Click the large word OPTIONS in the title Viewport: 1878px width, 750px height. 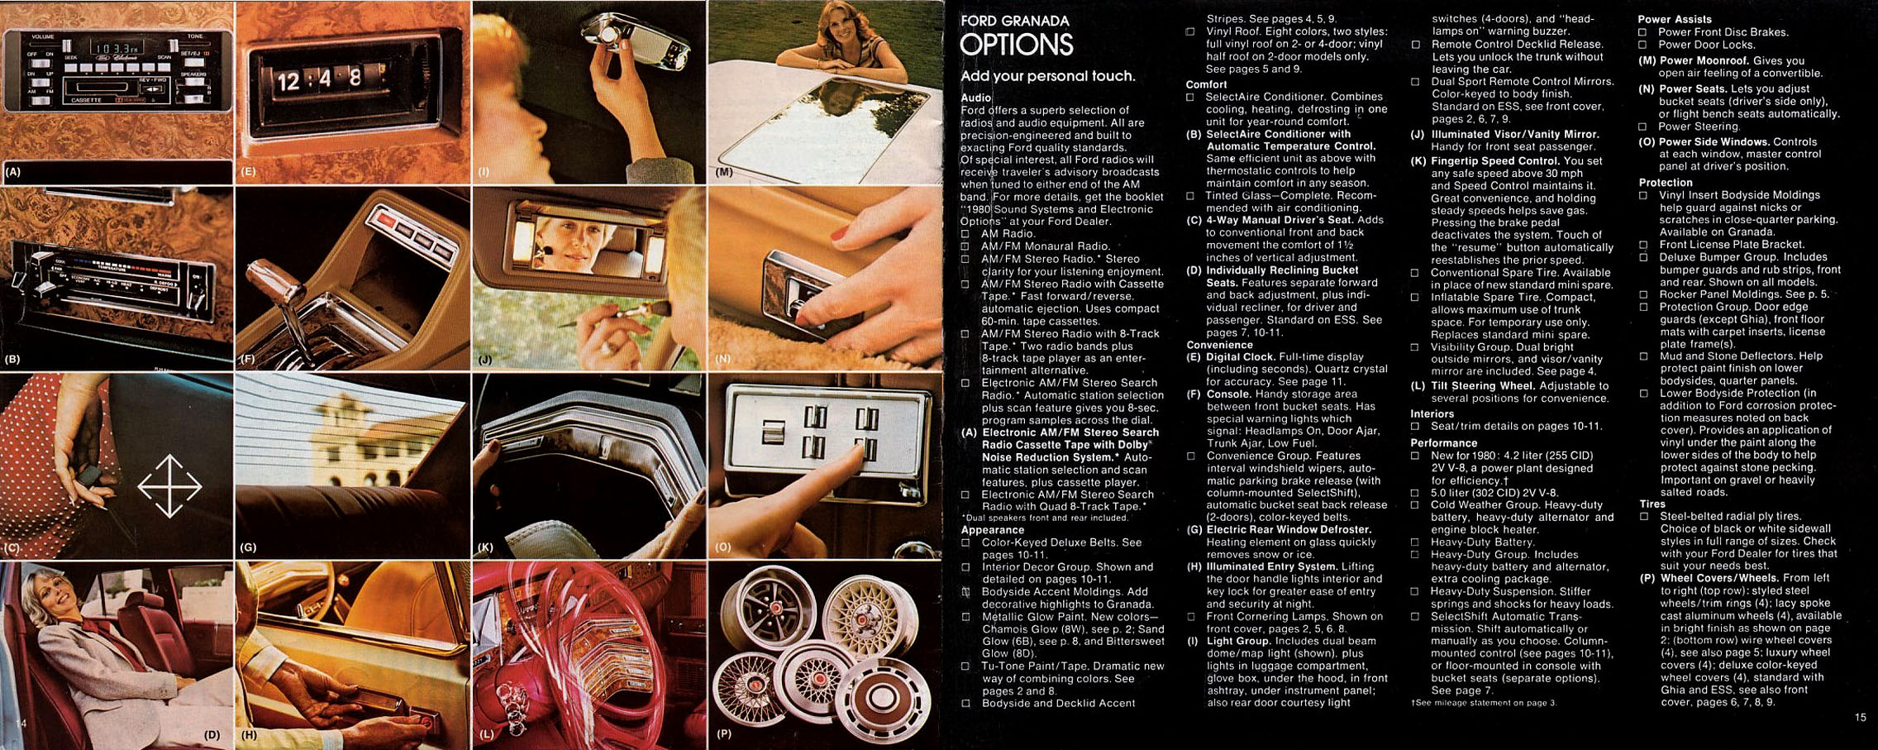tap(1016, 45)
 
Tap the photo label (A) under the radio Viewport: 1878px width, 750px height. tap(12, 172)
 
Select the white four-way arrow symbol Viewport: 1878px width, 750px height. tap(169, 486)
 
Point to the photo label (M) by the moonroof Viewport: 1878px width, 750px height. tap(724, 173)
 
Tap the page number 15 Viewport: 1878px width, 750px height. tap(1860, 718)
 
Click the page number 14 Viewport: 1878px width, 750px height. tap(21, 724)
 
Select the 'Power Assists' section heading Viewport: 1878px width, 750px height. tap(1675, 19)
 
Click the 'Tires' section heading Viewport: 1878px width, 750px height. tap(1652, 504)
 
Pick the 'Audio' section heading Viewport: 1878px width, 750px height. tap(975, 98)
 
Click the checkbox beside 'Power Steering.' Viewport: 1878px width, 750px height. tap(1643, 127)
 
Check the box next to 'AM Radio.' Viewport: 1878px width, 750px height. tap(965, 234)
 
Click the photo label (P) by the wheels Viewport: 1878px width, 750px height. tap(724, 733)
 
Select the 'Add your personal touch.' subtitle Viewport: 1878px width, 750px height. tap(1047, 76)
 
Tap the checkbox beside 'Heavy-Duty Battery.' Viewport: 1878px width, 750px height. tap(1415, 542)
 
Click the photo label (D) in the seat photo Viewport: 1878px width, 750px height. tap(212, 734)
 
